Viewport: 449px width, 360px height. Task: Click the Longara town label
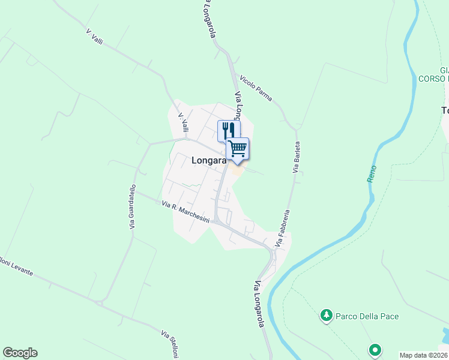209,160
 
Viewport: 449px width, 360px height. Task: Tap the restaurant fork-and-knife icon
229,130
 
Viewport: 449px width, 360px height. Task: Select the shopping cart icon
238,147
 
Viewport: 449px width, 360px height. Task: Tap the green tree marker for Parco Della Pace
326,315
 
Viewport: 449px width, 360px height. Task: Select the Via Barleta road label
296,157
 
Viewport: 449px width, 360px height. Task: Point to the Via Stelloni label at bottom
170,344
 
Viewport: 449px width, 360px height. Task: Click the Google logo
20,353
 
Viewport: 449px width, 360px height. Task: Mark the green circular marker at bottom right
375,349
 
